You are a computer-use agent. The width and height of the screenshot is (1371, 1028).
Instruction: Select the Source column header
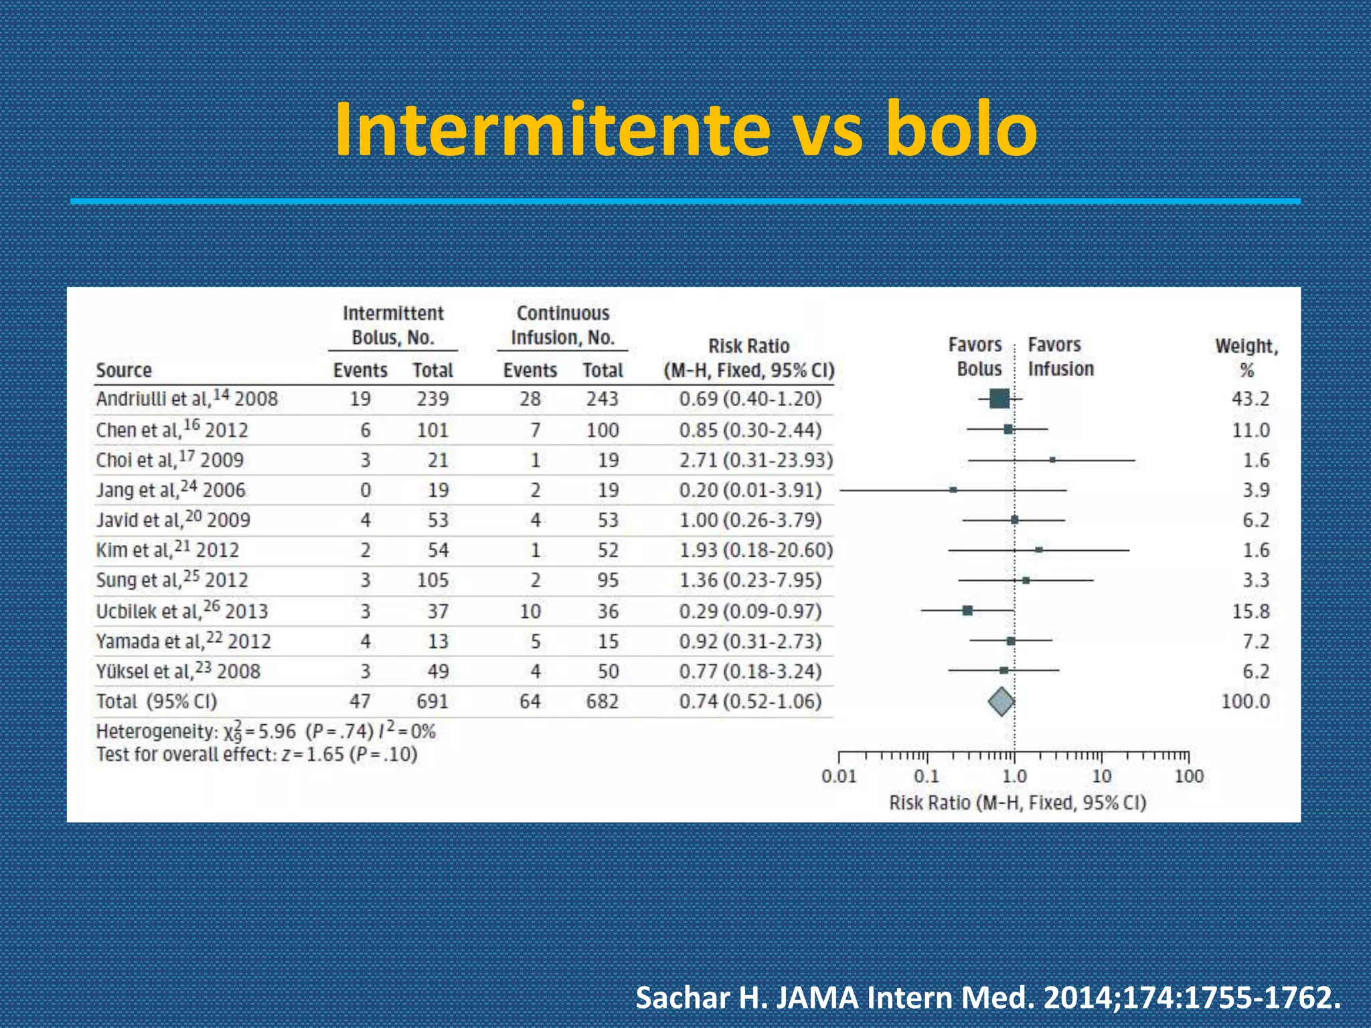pyautogui.click(x=124, y=370)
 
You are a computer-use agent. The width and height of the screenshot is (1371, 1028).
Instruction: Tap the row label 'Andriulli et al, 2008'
pyautogui.click(x=187, y=399)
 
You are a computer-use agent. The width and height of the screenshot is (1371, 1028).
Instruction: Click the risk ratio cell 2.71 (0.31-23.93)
pyautogui.click(x=756, y=460)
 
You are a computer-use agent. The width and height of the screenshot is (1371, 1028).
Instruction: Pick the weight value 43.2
pyautogui.click(x=1250, y=399)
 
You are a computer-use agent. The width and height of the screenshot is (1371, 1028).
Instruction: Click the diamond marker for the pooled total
pyautogui.click(x=1001, y=701)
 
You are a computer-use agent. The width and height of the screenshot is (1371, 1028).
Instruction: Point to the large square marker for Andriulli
pyautogui.click(x=999, y=399)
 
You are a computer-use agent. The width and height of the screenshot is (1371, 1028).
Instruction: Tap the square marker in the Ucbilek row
pyautogui.click(x=967, y=610)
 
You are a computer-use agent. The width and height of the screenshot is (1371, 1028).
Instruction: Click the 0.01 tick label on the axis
pyautogui.click(x=838, y=776)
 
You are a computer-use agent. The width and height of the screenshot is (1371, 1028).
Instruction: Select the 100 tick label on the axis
pyautogui.click(x=1189, y=776)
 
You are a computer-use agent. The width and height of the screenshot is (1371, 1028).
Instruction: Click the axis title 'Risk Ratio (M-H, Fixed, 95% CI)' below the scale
pyautogui.click(x=1018, y=802)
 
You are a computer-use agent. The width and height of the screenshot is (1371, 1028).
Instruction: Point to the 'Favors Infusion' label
pyautogui.click(x=1060, y=357)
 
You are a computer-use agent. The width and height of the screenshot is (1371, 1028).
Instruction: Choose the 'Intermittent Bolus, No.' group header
pyautogui.click(x=393, y=325)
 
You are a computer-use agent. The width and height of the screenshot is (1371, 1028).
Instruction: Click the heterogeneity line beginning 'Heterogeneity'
pyautogui.click(x=266, y=732)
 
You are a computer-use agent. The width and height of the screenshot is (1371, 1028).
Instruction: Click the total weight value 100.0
pyautogui.click(x=1245, y=701)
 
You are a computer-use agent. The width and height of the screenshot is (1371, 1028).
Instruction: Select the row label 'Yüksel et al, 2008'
pyautogui.click(x=178, y=671)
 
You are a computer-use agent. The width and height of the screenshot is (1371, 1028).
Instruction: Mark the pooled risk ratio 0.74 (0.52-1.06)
pyautogui.click(x=750, y=701)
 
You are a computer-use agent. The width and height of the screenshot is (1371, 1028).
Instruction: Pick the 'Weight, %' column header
pyautogui.click(x=1246, y=358)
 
